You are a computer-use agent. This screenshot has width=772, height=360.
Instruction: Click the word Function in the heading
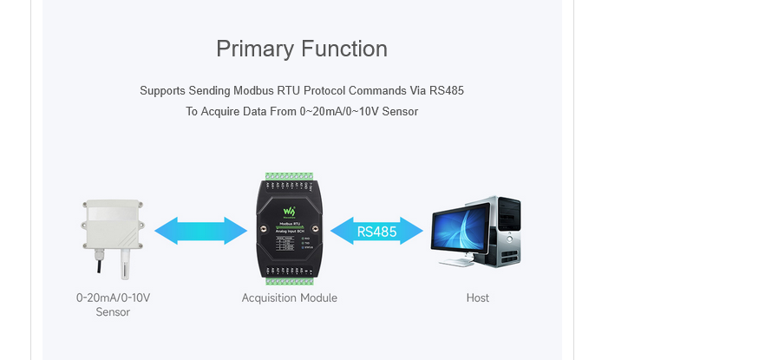[x=342, y=49]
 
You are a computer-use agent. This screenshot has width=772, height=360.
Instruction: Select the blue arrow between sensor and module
[x=200, y=231]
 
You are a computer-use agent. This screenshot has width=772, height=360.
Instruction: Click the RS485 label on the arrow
[x=376, y=232]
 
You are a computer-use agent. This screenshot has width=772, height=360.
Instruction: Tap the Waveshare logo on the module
[x=290, y=212]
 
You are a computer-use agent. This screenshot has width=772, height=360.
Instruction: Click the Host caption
[x=477, y=298]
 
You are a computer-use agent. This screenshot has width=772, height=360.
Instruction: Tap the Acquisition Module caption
[x=289, y=298]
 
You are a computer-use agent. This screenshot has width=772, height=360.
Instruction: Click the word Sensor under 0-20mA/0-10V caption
[x=113, y=312]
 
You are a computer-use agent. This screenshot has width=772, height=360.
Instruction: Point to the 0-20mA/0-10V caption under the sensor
[x=113, y=298]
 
